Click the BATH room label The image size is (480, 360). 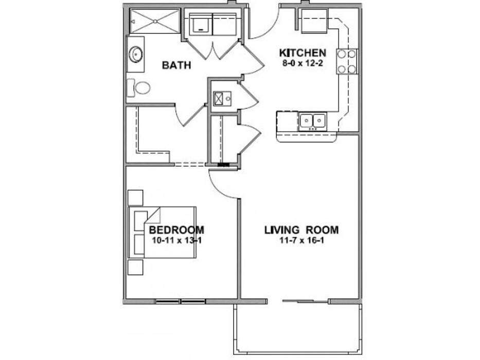(x=176, y=65)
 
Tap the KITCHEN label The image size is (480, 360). (x=303, y=53)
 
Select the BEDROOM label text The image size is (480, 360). (x=176, y=229)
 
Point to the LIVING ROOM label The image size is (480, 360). (x=301, y=230)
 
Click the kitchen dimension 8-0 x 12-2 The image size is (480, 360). (x=303, y=64)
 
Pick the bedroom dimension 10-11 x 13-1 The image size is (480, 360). (x=176, y=240)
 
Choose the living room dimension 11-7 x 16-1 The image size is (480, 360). (x=301, y=240)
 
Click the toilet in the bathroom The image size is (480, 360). (x=139, y=88)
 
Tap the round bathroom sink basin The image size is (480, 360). (x=136, y=55)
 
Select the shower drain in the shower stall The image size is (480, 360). (x=155, y=21)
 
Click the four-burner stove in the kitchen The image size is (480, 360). (x=347, y=61)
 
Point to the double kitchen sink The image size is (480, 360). (x=313, y=121)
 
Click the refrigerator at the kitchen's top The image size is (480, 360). (x=315, y=21)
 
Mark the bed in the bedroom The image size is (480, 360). (x=162, y=232)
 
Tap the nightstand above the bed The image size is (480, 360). (x=135, y=198)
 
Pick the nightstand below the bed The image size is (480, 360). (x=135, y=267)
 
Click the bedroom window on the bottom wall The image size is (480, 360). (x=180, y=301)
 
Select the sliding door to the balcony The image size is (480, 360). (x=306, y=301)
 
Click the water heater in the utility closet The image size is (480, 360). (x=219, y=99)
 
